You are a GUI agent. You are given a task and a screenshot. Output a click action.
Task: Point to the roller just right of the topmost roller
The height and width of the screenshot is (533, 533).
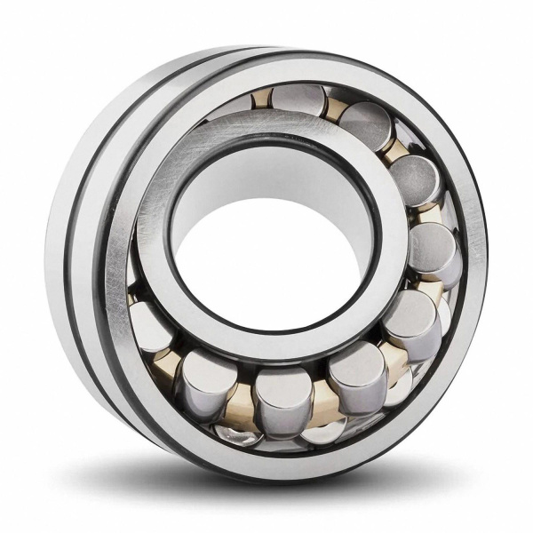click(364, 125)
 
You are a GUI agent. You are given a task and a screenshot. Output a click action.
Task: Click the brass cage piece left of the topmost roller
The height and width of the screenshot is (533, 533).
click(263, 99)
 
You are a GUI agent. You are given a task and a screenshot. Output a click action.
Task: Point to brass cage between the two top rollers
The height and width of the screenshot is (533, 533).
click(334, 108)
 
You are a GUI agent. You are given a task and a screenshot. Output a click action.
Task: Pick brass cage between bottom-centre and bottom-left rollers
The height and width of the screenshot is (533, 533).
click(240, 404)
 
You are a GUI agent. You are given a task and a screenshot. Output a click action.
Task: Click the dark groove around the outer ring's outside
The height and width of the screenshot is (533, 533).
click(87, 266)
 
